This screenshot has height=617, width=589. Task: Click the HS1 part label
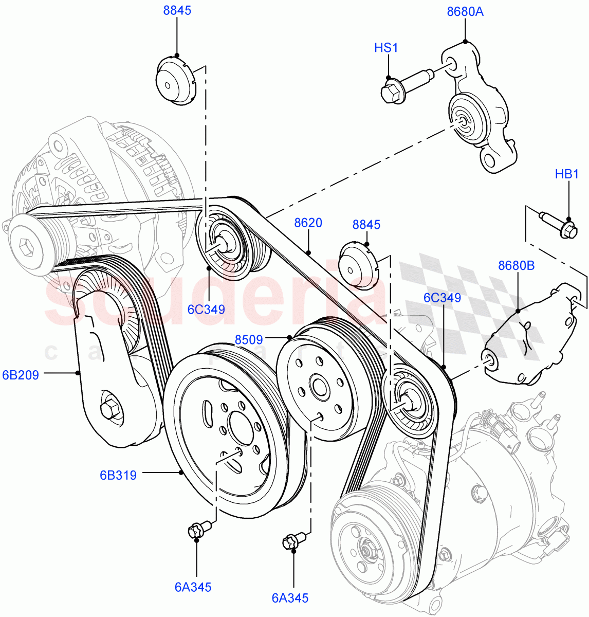(x=386, y=48)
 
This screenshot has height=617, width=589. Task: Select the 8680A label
(x=465, y=11)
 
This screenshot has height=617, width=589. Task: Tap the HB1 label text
(x=567, y=174)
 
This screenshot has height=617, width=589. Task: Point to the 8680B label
(x=517, y=265)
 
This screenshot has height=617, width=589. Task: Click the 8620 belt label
(x=308, y=223)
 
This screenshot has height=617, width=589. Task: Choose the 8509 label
(x=249, y=340)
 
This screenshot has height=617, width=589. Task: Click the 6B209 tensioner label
(x=21, y=375)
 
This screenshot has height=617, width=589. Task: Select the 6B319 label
(x=118, y=475)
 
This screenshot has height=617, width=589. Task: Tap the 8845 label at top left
(x=177, y=11)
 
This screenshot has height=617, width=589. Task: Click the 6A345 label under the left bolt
(x=193, y=587)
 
